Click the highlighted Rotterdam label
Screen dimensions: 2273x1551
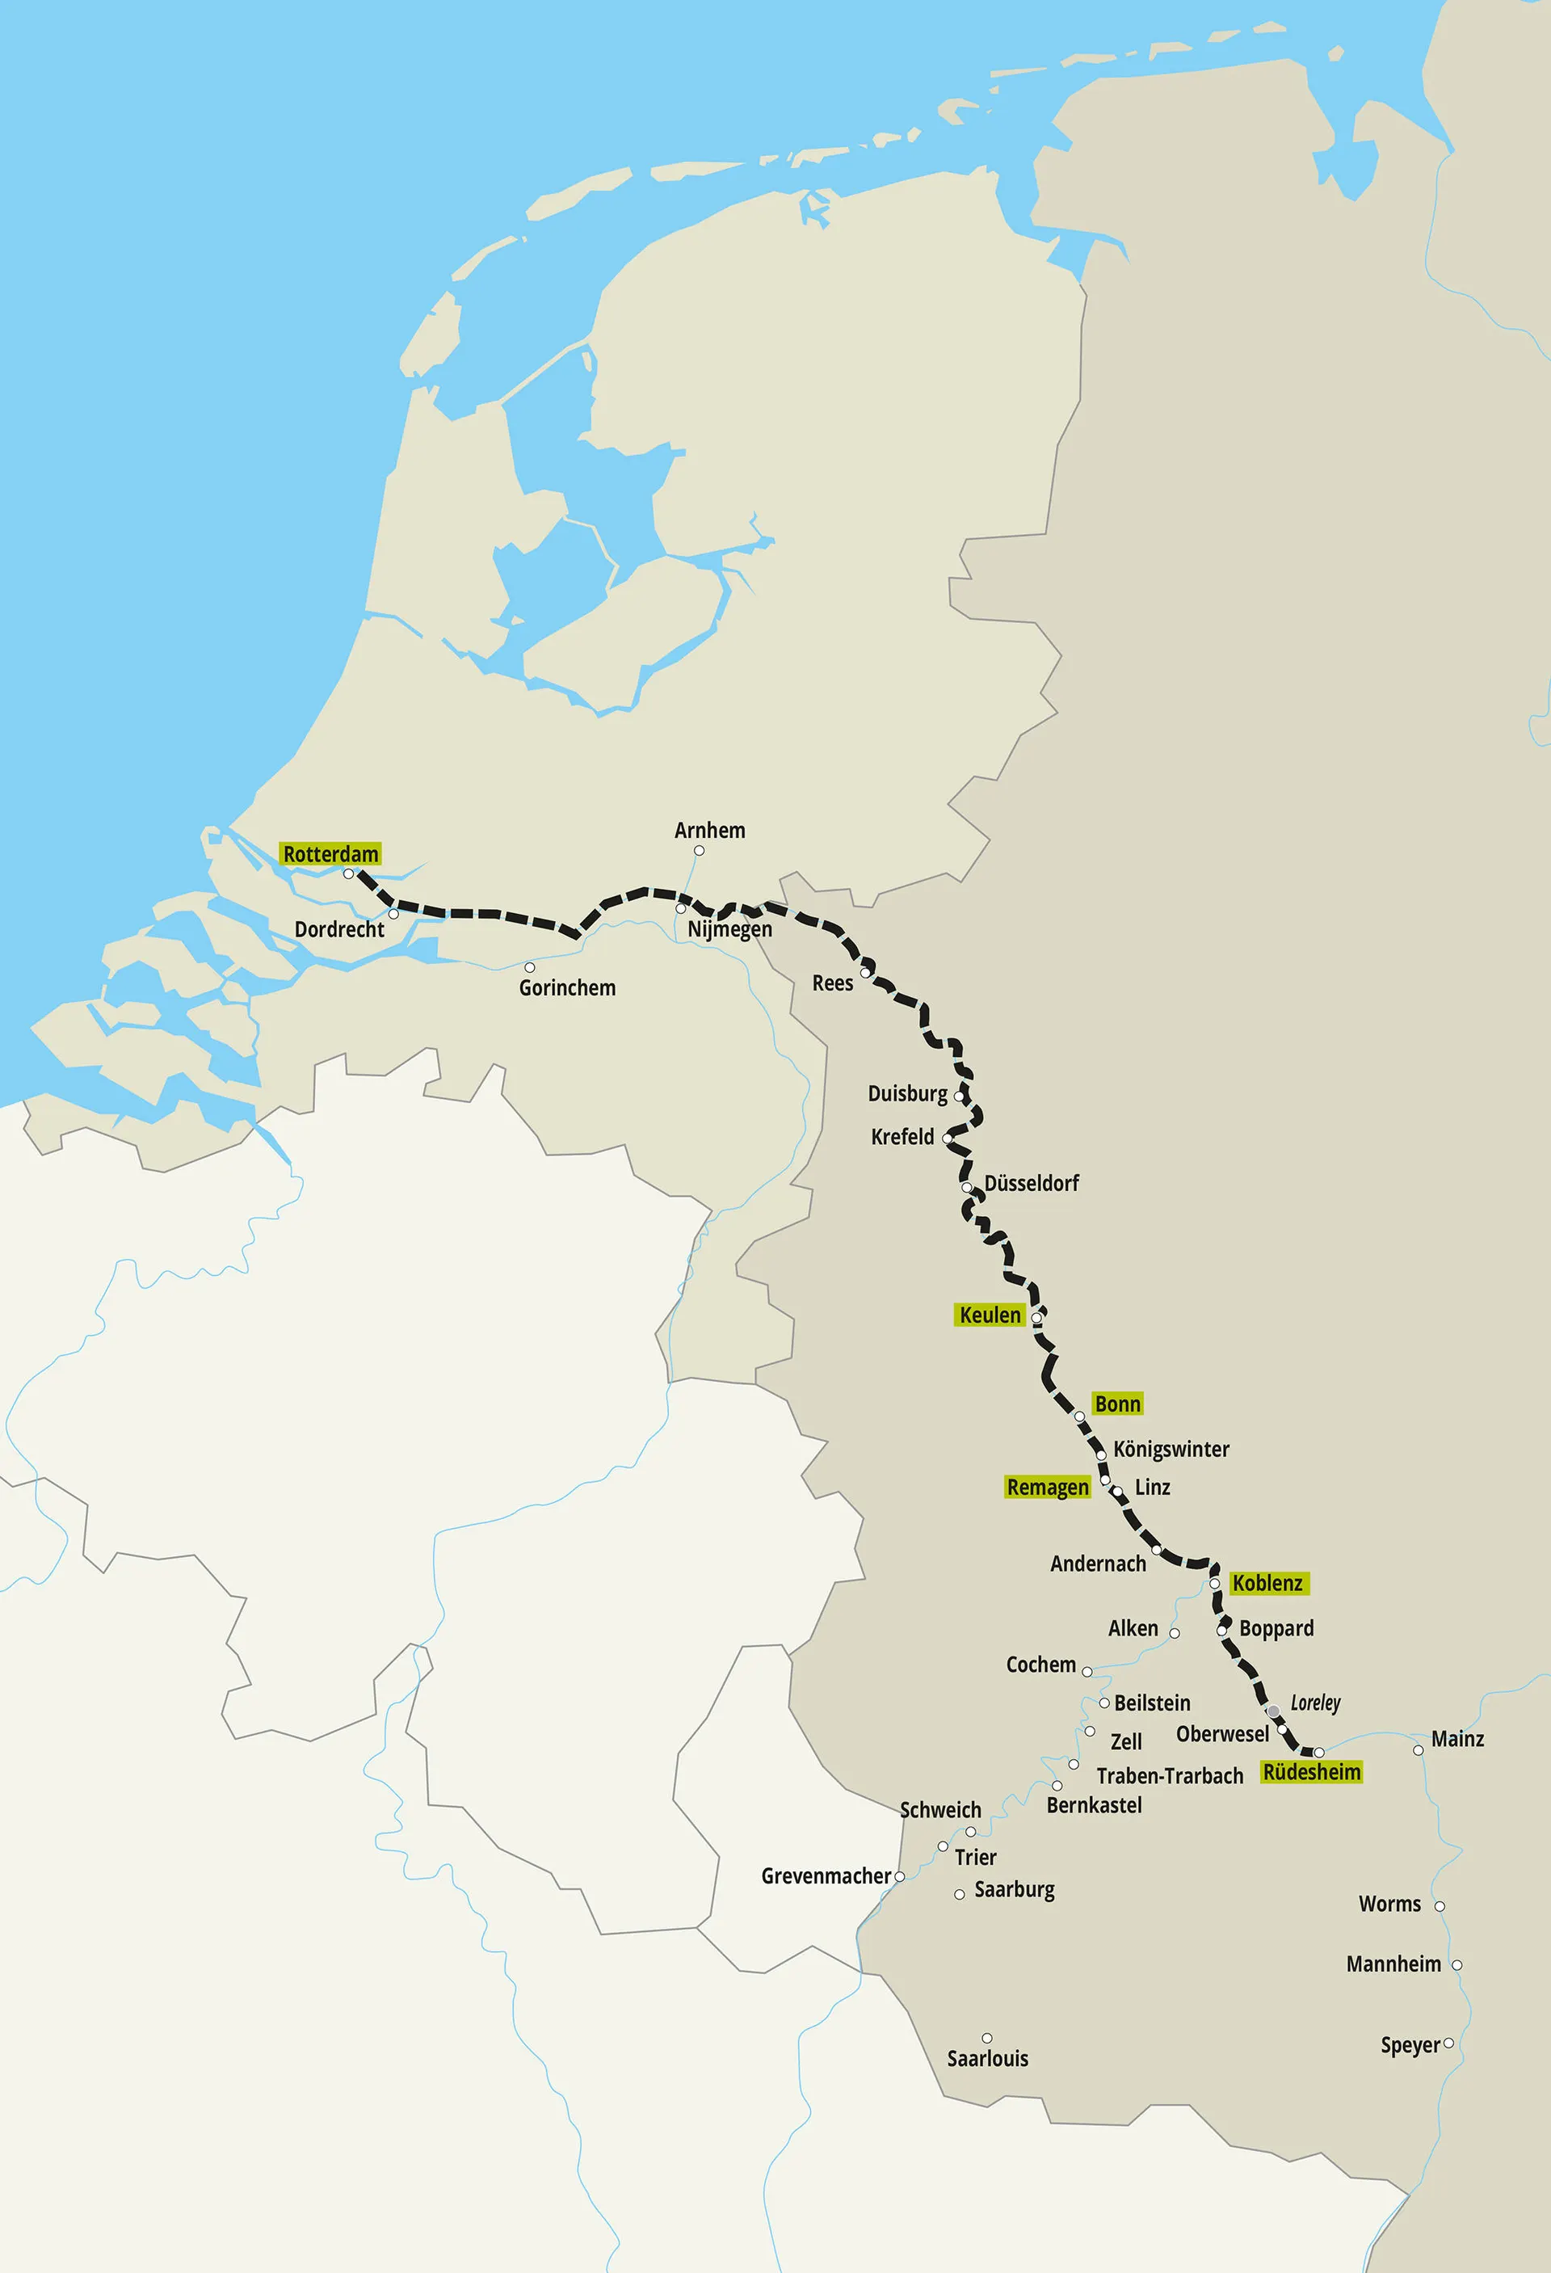[330, 854]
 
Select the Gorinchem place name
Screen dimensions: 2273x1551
[567, 988]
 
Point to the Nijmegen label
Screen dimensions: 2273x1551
[729, 929]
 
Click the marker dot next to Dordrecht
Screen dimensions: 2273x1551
[393, 914]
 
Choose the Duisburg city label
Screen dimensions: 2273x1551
[907, 1093]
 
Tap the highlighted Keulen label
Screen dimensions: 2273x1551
[990, 1315]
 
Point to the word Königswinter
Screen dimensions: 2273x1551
[1171, 1450]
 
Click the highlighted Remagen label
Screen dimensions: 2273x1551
[1048, 1488]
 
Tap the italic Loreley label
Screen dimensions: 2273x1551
[1315, 1703]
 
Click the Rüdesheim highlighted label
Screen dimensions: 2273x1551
[1311, 1772]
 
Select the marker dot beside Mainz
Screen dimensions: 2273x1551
[1418, 1749]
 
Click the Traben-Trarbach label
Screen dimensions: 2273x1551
[1170, 1776]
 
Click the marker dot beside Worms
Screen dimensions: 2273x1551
[1440, 1906]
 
